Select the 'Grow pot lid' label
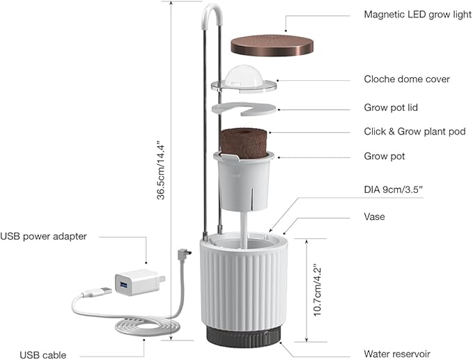point(391,108)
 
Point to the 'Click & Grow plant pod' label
point(414,132)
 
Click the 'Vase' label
point(375,217)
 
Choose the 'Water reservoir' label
point(397,354)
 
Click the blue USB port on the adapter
point(125,285)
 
